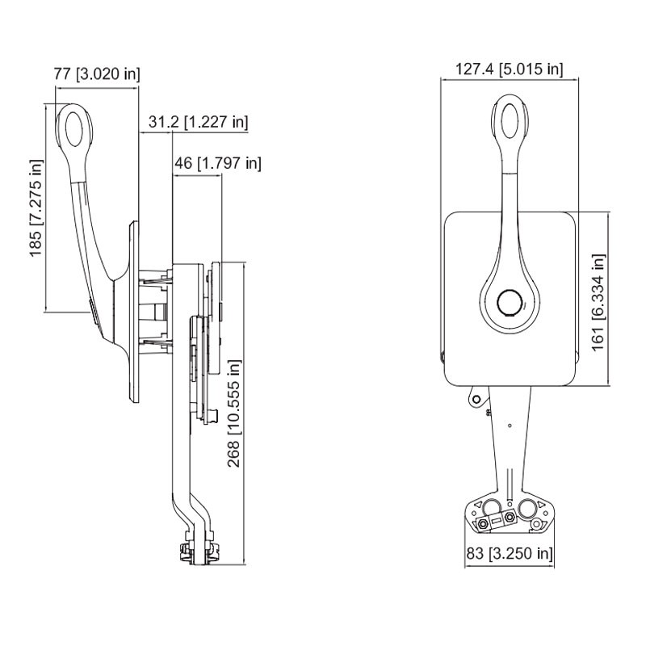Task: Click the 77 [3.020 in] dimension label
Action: pos(97,74)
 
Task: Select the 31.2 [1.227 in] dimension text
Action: pos(198,123)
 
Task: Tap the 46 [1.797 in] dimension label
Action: pos(218,164)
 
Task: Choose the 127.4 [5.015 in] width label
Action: pos(510,69)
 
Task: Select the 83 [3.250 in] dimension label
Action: pos(510,553)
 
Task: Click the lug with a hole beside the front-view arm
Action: pos(477,400)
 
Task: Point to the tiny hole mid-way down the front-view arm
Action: pos(510,426)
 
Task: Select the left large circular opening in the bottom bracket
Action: pos(492,508)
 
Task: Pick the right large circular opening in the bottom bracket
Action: pos(528,508)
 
